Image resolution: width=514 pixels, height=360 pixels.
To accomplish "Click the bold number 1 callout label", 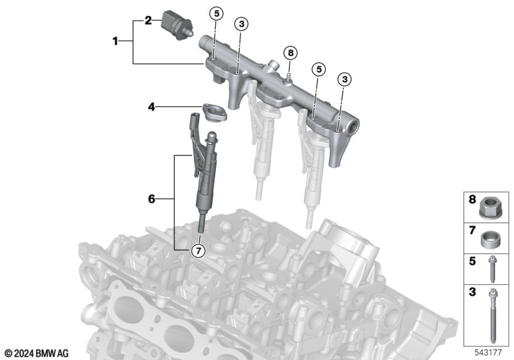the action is tap(115, 41).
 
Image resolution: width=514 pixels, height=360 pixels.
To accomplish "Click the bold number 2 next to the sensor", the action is tap(148, 21).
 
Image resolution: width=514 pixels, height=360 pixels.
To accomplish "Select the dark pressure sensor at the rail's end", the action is tap(177, 25).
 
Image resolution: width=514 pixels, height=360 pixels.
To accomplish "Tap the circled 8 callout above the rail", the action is tap(290, 53).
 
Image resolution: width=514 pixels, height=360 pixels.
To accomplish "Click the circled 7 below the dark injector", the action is tap(198, 251).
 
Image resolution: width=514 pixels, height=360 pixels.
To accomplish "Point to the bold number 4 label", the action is tap(152, 107).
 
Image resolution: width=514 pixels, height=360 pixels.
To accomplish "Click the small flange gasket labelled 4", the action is tap(215, 112).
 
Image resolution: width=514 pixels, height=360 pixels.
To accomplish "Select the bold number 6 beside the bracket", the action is tap(152, 199).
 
